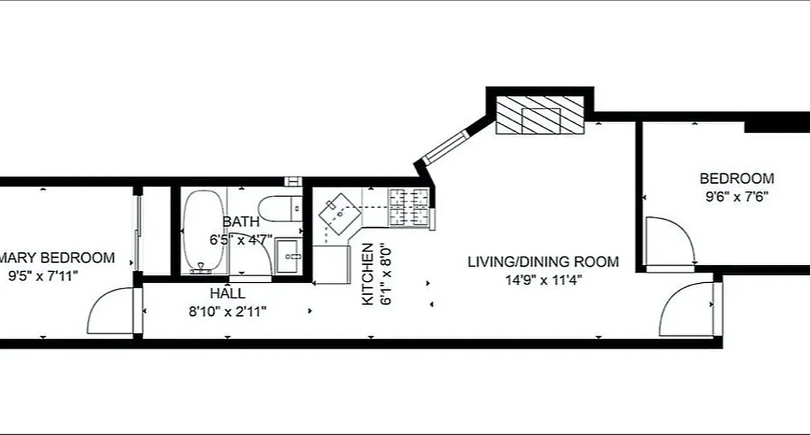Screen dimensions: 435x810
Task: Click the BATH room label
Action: pos(241,221)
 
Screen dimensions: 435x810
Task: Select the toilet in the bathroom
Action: pos(280,208)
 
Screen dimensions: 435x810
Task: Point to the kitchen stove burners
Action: pos(409,207)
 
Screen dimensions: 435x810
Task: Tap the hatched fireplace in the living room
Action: pos(540,115)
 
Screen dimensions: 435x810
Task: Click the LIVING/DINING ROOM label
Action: pos(543,262)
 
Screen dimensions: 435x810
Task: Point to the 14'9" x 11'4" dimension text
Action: pos(543,280)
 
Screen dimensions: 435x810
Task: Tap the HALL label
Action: pos(227,294)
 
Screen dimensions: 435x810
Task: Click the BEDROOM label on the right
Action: pos(736,178)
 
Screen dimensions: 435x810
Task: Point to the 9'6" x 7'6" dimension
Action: pos(736,197)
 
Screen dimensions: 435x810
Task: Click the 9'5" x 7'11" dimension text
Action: pos(43,275)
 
